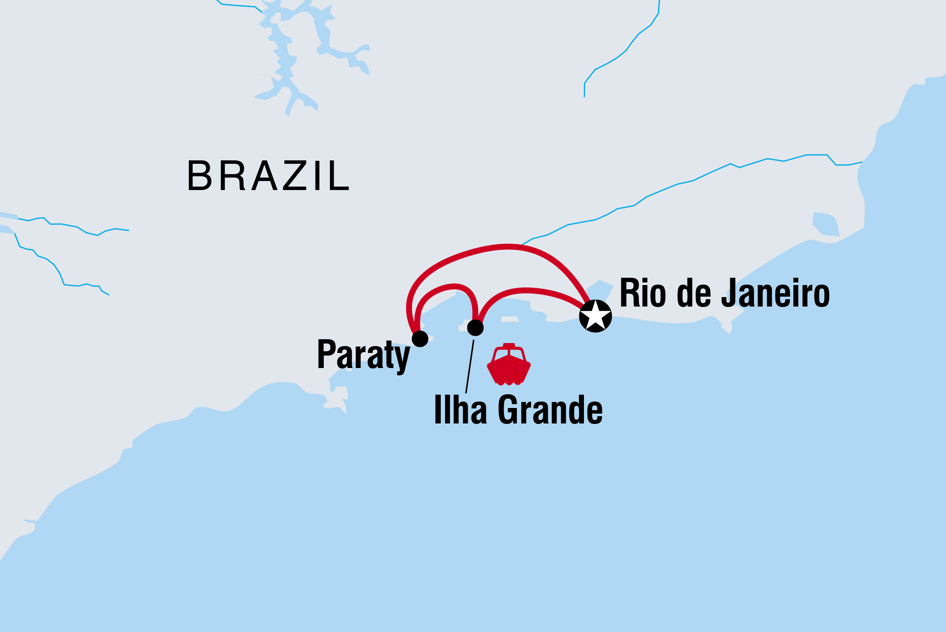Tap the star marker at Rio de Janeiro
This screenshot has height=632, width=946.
(x=595, y=316)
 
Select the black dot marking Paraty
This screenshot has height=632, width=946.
(x=420, y=339)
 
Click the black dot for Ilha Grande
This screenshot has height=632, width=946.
(x=475, y=328)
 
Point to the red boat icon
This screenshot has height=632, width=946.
(x=509, y=365)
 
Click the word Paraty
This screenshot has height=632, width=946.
(x=363, y=355)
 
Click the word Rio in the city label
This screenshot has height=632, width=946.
(x=644, y=293)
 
